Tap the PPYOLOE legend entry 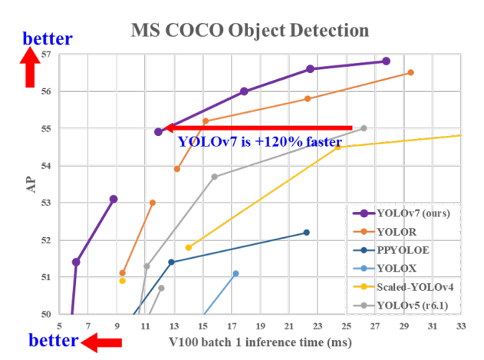tap(403, 249)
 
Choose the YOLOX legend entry tap(397, 267)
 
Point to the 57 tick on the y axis tap(47, 54)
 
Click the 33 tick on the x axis tap(461, 325)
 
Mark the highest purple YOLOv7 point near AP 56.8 tap(386, 61)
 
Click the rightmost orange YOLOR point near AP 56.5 tap(410, 72)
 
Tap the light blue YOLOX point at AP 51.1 tap(235, 273)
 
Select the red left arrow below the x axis tap(100, 343)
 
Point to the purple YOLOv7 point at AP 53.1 tap(114, 199)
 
